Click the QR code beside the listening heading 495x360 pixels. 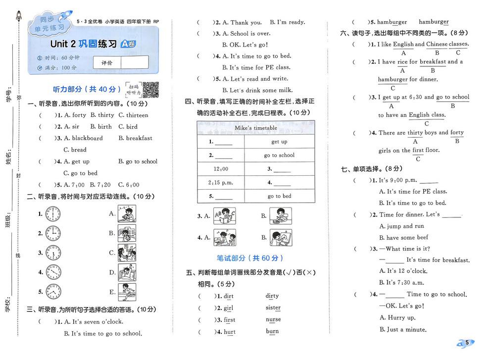[151, 89]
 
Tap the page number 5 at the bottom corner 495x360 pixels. [467, 343]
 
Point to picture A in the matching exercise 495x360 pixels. [127, 213]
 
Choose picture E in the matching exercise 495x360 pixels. [127, 292]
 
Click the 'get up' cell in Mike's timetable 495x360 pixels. [279, 142]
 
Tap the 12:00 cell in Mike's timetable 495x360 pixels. [221, 169]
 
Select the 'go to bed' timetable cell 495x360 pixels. [279, 196]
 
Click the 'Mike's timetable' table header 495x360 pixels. [255, 128]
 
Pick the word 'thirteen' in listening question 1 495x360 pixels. [137, 115]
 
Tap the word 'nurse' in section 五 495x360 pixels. [273, 319]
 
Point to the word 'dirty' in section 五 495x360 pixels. [272, 296]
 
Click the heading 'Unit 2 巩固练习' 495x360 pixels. [84, 44]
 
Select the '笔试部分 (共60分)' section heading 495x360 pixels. [250, 258]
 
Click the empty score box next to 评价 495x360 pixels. [134, 62]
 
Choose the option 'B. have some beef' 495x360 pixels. [407, 238]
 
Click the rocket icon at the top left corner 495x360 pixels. [19, 17]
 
